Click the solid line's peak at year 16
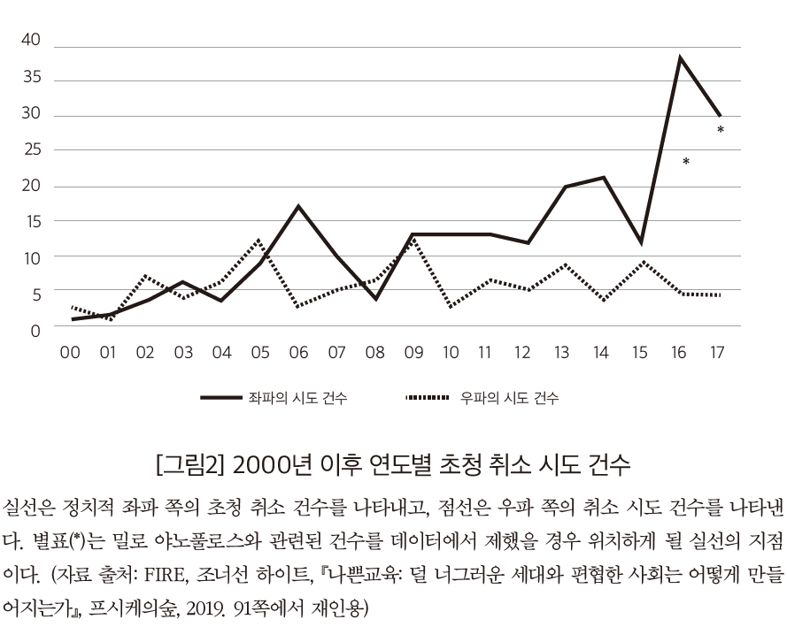pos(679,57)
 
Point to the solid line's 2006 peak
pos(298,206)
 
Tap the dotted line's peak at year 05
pos(258,240)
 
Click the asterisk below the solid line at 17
pos(721,131)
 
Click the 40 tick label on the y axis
pos(30,40)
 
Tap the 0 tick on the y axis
pos(35,332)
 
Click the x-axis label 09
pos(413,353)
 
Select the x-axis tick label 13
pos(561,353)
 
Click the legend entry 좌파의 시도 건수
pos(297,399)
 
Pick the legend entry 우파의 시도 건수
pos(509,399)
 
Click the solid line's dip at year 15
pos(640,242)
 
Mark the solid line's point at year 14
pos(603,178)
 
